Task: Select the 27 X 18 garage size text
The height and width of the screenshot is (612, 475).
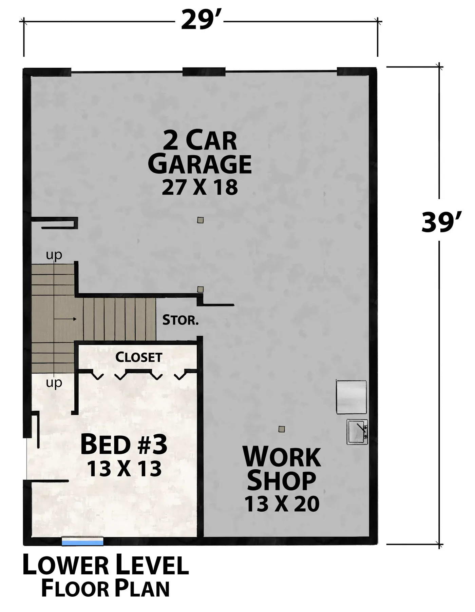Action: [x=199, y=187]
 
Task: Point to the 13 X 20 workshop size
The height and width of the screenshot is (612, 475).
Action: [x=282, y=504]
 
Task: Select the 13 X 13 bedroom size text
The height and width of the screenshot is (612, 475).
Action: [x=124, y=469]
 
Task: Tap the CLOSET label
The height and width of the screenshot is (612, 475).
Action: [x=139, y=357]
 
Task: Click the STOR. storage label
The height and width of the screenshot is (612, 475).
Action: [x=180, y=320]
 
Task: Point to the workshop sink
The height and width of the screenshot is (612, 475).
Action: [x=357, y=432]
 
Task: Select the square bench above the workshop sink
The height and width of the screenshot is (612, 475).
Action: [x=351, y=397]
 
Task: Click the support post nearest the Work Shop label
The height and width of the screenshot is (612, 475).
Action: [x=281, y=429]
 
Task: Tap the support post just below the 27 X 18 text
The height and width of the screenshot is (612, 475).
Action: [x=201, y=220]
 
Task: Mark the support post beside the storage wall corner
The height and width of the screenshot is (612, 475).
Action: [x=201, y=290]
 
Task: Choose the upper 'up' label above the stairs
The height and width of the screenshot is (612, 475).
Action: [x=54, y=255]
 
